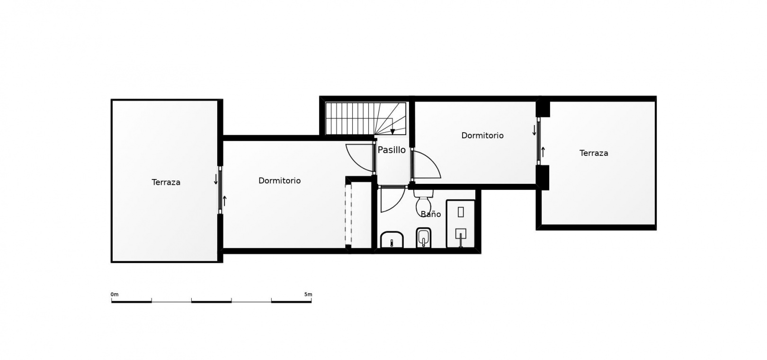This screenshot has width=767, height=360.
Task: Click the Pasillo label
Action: [x=392, y=150]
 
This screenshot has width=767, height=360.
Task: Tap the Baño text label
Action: [x=431, y=214]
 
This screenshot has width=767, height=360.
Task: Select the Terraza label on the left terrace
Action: [x=166, y=182]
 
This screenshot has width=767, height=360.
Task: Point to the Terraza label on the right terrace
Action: [x=594, y=153]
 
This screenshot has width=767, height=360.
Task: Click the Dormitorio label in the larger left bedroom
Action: [x=279, y=180]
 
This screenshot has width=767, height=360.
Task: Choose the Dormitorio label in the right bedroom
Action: [x=482, y=135]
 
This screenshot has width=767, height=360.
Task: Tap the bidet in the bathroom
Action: [x=424, y=238]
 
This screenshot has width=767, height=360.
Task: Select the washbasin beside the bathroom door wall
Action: [x=392, y=240]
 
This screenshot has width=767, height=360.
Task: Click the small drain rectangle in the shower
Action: [x=461, y=212]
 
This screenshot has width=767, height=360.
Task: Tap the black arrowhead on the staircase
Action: [x=393, y=132]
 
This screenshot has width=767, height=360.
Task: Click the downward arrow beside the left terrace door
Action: [x=216, y=179]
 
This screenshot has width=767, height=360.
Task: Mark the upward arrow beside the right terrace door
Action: [x=543, y=152]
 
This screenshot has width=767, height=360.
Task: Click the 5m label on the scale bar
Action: [x=308, y=294]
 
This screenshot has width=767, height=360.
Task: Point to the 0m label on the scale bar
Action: [x=115, y=294]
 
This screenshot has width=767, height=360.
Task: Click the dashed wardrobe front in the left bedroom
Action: [x=348, y=215]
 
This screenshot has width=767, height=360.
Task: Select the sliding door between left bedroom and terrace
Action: [x=220, y=190]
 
